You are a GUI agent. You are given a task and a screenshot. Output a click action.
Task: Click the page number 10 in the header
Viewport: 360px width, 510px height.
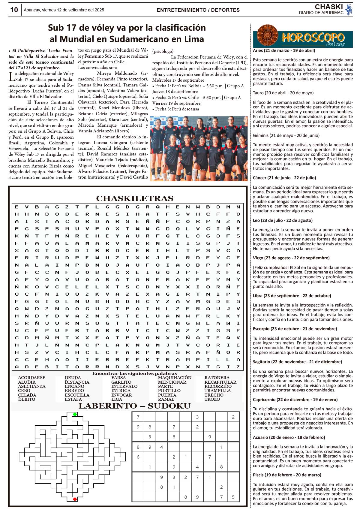(x=14, y=10)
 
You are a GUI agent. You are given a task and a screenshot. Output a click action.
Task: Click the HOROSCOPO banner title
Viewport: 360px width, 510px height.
(x=313, y=38)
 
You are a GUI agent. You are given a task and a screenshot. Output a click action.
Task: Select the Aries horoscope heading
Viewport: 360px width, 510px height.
(x=284, y=50)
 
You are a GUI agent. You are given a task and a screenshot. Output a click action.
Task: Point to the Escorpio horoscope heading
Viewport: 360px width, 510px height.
(x=295, y=329)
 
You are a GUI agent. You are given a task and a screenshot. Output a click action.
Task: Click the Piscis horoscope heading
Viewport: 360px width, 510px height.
(x=287, y=475)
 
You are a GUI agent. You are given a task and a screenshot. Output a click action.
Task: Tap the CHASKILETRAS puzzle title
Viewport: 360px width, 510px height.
(x=135, y=198)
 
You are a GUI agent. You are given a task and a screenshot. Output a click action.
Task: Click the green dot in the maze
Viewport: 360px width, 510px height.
(x=75, y=415)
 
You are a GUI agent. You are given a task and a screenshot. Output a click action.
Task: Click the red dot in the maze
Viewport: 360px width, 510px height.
(x=75, y=499)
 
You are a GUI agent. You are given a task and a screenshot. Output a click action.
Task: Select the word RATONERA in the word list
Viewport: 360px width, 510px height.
(x=217, y=378)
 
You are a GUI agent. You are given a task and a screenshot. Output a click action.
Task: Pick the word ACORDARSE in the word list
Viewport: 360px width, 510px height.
(x=32, y=378)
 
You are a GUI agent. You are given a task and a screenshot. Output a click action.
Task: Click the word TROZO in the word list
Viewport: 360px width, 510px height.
(x=212, y=399)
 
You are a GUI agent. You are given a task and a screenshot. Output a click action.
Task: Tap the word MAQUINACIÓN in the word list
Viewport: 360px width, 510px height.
(x=175, y=378)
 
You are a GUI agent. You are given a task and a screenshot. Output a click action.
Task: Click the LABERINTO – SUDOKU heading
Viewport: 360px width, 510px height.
(x=135, y=406)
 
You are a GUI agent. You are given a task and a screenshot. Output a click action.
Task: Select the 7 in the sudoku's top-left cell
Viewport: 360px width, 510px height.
(x=138, y=417)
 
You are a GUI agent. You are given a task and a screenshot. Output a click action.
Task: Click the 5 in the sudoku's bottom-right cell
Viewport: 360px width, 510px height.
(x=233, y=497)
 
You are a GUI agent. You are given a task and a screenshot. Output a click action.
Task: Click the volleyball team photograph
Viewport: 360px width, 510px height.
(x=199, y=149)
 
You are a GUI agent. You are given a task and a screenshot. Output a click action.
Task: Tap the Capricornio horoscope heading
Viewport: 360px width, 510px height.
(x=295, y=400)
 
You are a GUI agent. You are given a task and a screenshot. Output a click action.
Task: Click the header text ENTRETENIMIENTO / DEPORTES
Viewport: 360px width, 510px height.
(x=198, y=10)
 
